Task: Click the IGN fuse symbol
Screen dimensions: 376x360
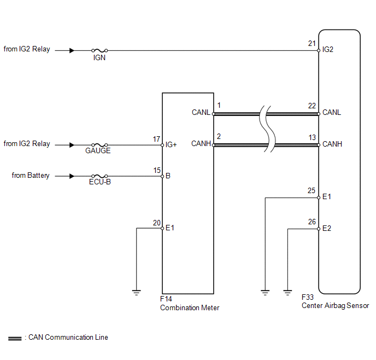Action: [x=99, y=50]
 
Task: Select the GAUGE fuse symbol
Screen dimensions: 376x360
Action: [x=99, y=145]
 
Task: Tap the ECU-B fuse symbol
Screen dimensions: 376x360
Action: [x=99, y=176]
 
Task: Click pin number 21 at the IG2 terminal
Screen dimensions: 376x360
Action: [x=312, y=43]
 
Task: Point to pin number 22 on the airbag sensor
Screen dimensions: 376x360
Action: [x=312, y=106]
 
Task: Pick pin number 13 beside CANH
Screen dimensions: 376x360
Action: [x=312, y=137]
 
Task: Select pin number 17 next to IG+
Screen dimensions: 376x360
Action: [x=157, y=139]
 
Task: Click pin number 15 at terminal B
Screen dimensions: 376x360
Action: [x=157, y=170]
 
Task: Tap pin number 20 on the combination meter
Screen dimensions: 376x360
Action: [x=157, y=223]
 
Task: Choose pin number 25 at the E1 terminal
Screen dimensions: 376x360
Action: [x=312, y=190]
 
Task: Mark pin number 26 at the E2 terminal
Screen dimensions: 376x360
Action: [x=312, y=222]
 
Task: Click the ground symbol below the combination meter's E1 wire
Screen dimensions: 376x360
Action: [x=136, y=293]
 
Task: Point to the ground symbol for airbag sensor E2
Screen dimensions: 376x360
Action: [x=287, y=293]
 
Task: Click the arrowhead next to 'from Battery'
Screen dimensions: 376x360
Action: [x=72, y=176]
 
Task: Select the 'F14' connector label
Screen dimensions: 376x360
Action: [x=166, y=299]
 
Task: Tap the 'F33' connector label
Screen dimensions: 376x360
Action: [x=308, y=297]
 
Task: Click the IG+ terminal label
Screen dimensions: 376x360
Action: [x=171, y=145]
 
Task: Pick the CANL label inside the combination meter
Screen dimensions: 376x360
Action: [x=201, y=112]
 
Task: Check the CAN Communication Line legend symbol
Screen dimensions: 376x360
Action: [x=15, y=339]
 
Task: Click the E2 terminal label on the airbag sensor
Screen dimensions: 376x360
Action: [x=327, y=228]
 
